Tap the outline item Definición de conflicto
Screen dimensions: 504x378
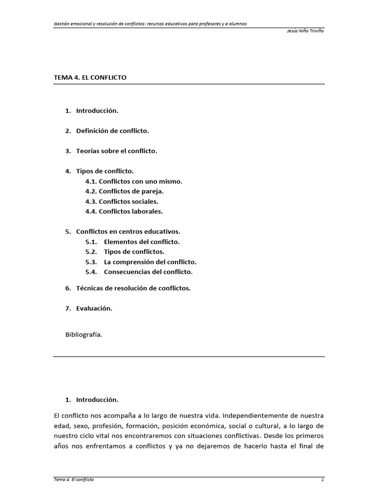[x=112, y=131]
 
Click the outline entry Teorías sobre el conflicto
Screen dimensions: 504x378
[x=117, y=151]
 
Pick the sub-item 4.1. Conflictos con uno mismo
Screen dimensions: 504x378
[x=133, y=181]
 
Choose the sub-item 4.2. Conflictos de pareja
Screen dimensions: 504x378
[x=124, y=191]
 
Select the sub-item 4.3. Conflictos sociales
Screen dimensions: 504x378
[x=122, y=201]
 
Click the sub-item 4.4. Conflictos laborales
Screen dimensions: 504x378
[x=124, y=212]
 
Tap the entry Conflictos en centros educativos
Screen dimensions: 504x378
[x=128, y=231]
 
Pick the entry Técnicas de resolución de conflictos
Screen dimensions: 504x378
[x=133, y=288]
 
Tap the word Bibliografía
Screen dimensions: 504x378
[x=83, y=335]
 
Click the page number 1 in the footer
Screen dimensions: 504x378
[x=322, y=480]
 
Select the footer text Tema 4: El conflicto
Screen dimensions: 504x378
[x=74, y=480]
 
